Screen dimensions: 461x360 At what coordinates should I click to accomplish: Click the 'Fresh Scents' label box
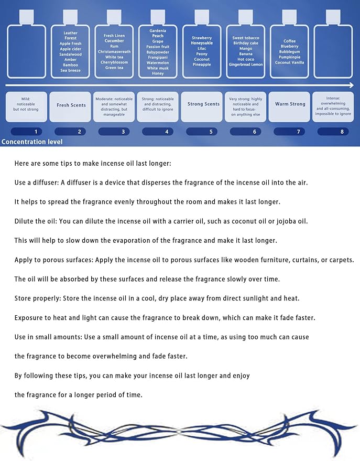click(x=71, y=105)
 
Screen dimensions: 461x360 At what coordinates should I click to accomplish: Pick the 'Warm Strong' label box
click(x=290, y=104)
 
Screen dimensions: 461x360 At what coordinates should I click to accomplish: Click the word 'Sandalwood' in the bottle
click(x=71, y=54)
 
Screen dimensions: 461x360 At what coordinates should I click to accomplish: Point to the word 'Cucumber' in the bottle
click(x=114, y=41)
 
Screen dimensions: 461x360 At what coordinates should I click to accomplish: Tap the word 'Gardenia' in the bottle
click(x=158, y=31)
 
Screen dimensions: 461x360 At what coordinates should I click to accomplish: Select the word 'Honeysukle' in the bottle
click(x=202, y=43)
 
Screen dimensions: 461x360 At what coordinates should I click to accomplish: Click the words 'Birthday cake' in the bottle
click(x=246, y=43)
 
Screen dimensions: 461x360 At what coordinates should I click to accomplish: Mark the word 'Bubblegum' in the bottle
click(x=289, y=51)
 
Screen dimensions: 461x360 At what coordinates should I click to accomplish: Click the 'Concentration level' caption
click(x=32, y=142)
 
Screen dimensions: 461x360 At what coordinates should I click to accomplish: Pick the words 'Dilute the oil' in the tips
click(x=37, y=221)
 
